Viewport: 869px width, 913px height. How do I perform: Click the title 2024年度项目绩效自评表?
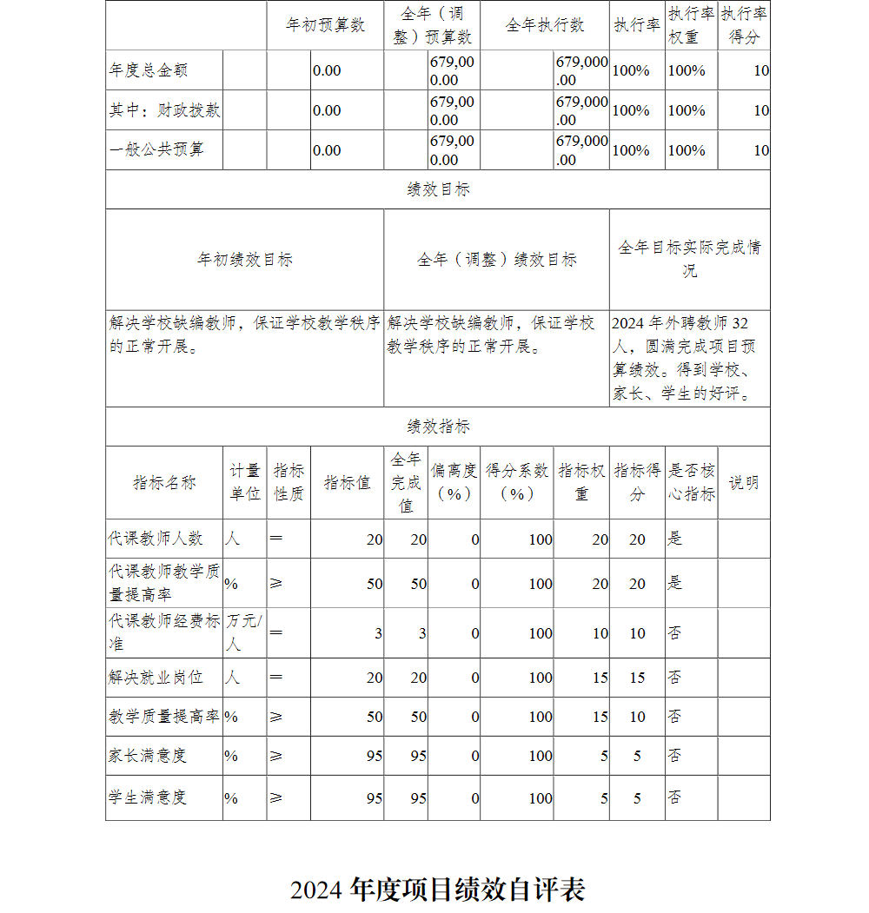[x=438, y=890]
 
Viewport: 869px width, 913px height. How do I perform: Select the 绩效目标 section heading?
[x=438, y=189]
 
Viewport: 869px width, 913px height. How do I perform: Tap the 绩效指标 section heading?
[x=438, y=427]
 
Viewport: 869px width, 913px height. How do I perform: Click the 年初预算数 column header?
[x=325, y=25]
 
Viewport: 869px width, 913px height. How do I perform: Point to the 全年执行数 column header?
[x=545, y=25]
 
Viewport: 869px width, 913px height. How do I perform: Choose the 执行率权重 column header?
[x=692, y=25]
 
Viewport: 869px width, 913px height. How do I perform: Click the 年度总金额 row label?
[x=149, y=70]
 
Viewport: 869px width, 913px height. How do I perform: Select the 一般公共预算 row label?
[x=157, y=149]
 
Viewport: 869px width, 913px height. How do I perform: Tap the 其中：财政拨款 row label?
[x=164, y=110]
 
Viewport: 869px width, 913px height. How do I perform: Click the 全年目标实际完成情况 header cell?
[x=689, y=259]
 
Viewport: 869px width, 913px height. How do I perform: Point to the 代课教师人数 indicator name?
[x=156, y=539]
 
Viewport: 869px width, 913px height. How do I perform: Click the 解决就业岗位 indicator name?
[x=156, y=677]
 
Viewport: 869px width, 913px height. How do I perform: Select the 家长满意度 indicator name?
[x=148, y=756]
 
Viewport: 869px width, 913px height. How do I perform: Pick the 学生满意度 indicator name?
[x=148, y=797]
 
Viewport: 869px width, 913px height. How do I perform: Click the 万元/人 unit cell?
[x=244, y=632]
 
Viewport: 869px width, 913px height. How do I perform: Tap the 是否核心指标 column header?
[x=692, y=482]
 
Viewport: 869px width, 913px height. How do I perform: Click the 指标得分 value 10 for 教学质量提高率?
[x=637, y=717]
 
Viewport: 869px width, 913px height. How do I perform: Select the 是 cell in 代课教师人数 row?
[x=675, y=539]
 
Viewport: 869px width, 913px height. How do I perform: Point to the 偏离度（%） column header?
[x=454, y=482]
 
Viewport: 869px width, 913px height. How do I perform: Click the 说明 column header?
[x=744, y=482]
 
